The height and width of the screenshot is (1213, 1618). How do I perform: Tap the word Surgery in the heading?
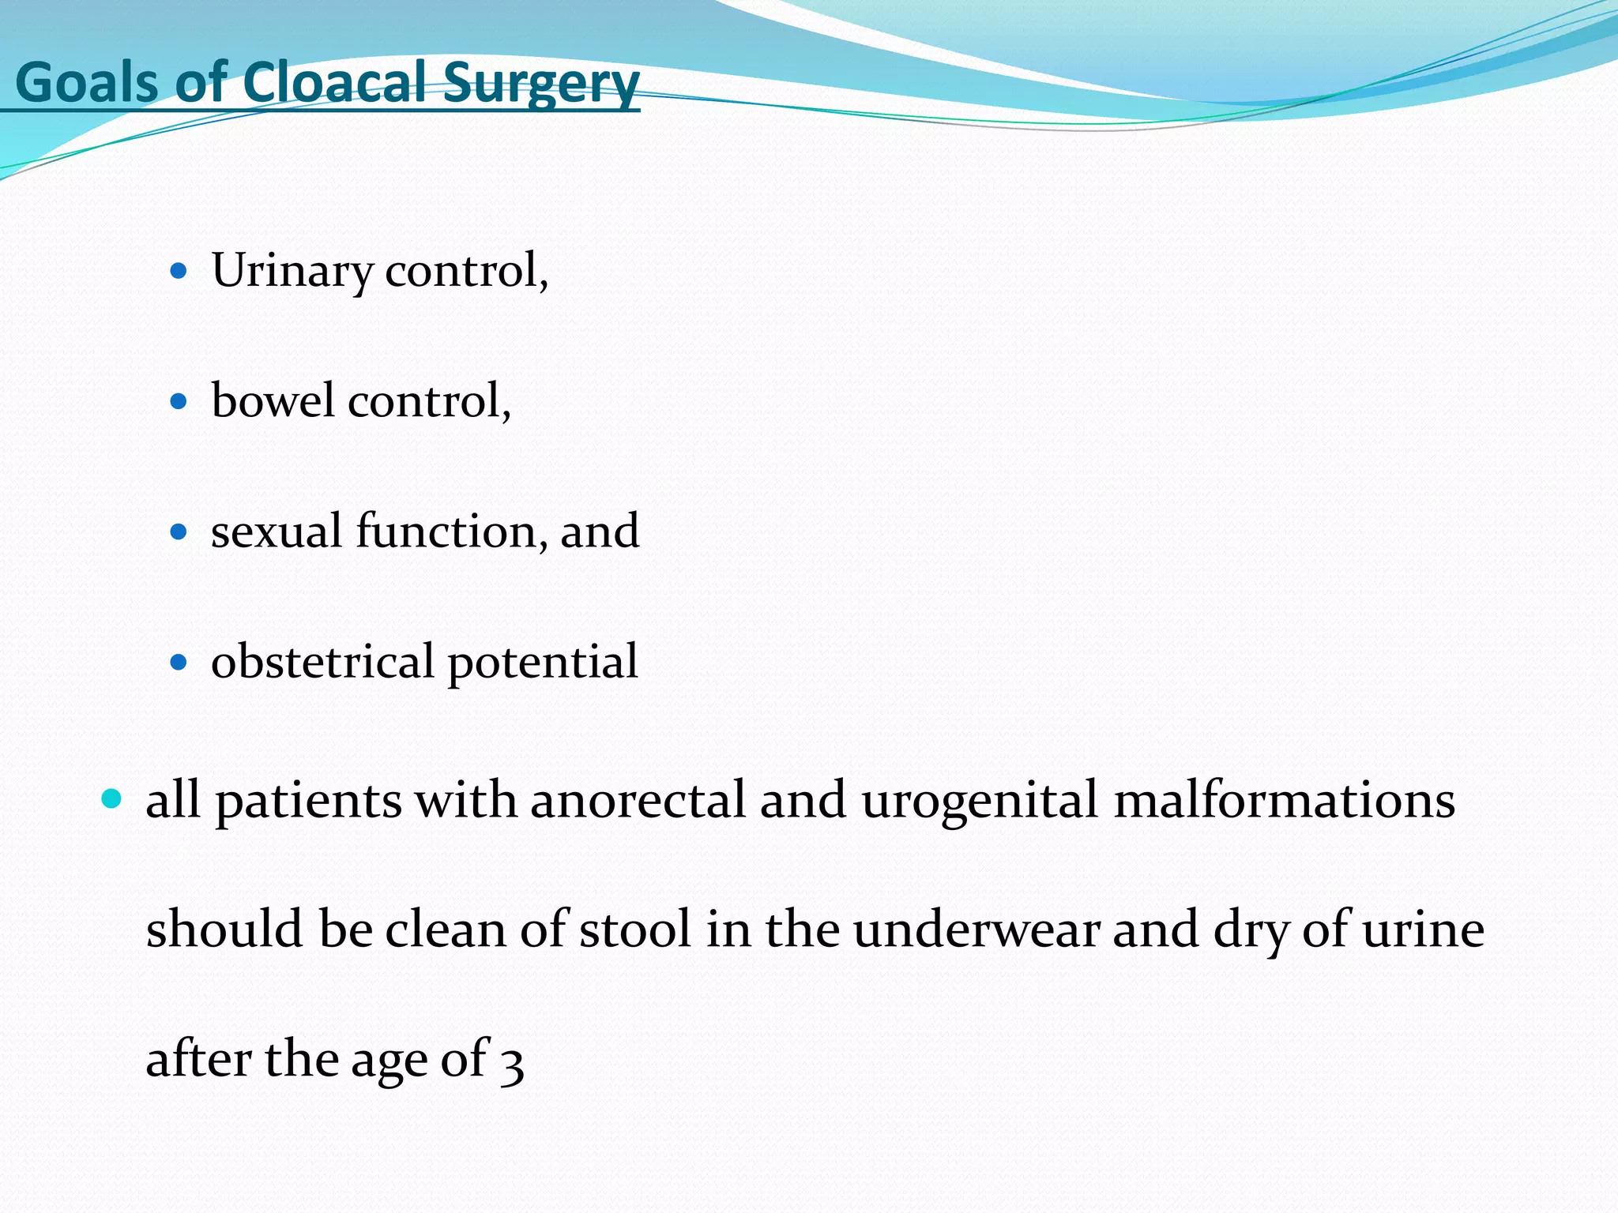tap(540, 84)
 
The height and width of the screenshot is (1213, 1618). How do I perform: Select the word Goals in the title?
tap(87, 82)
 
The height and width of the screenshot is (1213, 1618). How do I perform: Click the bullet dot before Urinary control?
tap(179, 272)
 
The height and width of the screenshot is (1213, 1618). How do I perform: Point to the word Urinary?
tap(292, 271)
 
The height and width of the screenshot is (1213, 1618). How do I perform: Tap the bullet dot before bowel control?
tap(179, 402)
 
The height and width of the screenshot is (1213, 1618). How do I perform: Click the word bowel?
tap(273, 400)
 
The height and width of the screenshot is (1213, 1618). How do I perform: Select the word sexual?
tap(277, 531)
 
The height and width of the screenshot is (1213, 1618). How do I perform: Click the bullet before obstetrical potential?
tap(179, 661)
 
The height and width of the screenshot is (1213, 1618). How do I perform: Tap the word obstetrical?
tap(322, 661)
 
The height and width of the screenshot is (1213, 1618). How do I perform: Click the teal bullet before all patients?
tap(112, 799)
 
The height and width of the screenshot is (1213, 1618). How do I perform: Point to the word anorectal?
tap(638, 800)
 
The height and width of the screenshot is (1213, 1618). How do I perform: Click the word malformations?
tap(1284, 800)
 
